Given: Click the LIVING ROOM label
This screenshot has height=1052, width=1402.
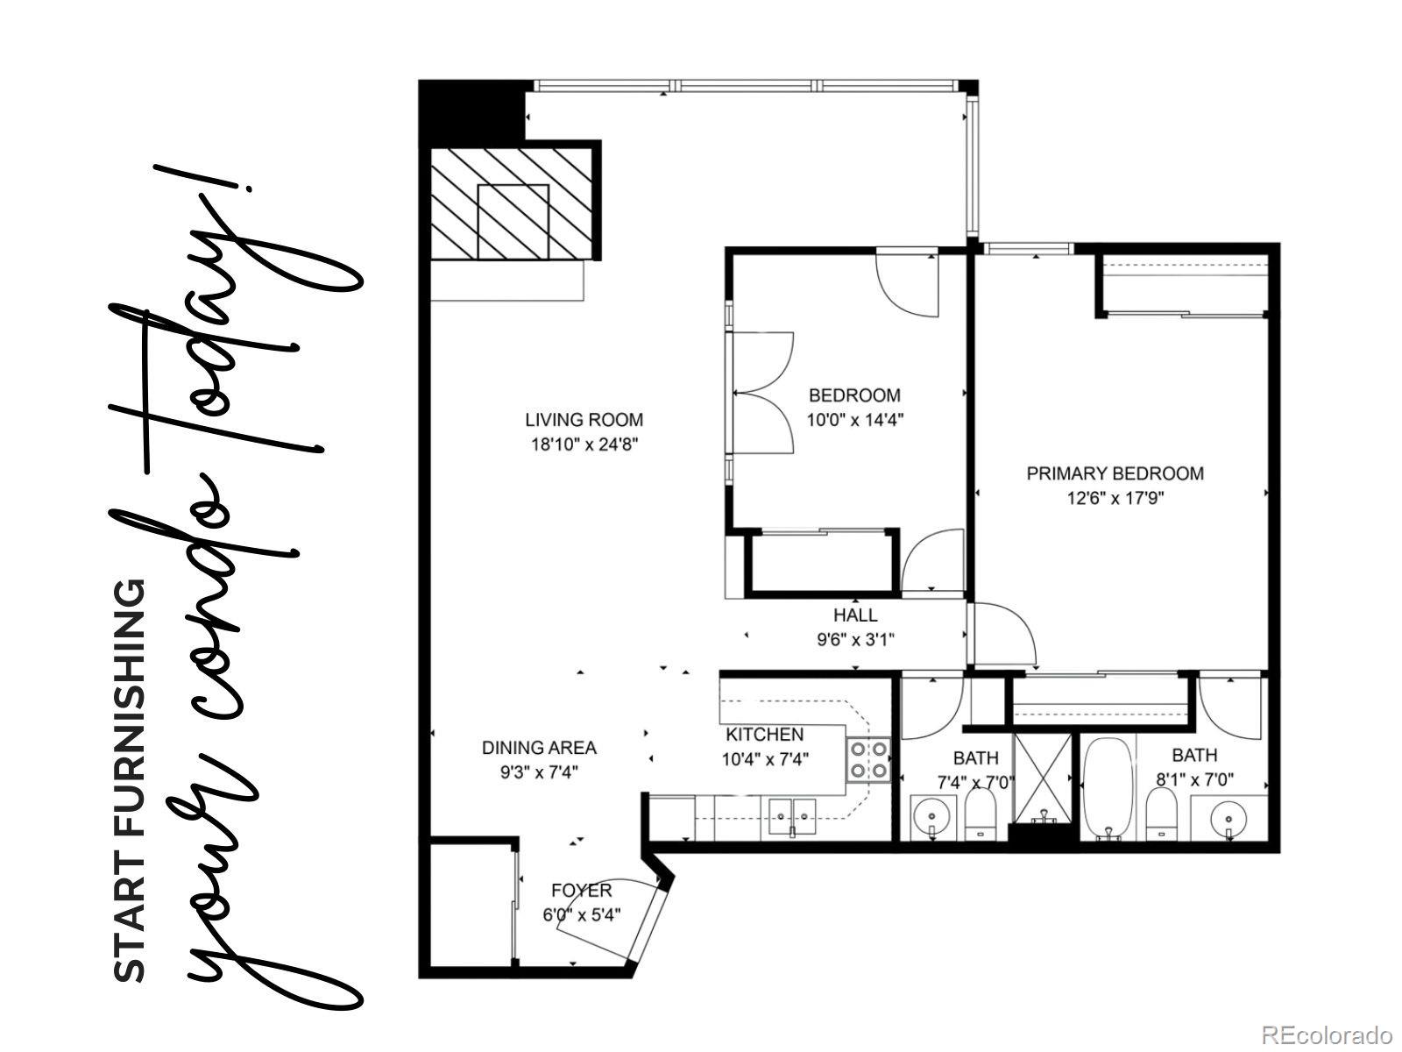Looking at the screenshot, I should pos(584,420).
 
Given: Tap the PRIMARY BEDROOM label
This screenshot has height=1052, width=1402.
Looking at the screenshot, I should pos(1115,474).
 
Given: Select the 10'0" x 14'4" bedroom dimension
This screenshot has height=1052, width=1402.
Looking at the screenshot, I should pos(854,420).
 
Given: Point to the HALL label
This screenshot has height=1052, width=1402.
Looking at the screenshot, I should pos(855,615).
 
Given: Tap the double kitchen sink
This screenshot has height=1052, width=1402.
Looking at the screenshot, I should pos(792,815).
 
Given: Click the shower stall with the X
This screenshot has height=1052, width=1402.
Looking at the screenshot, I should pos(1042,778).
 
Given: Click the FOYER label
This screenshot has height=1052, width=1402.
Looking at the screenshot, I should pos(582,892).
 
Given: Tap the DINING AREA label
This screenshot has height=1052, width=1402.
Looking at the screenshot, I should pos(539,748).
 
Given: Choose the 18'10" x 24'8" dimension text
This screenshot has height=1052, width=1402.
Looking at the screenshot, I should pos(584,444).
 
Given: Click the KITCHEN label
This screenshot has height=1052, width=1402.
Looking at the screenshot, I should pos(764,735).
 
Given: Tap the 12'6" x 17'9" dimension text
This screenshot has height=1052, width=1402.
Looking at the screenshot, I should pos(1115,499).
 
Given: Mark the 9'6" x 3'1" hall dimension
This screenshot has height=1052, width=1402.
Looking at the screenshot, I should pos(855,640).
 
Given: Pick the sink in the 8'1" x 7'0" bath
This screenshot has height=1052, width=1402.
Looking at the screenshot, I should pos(1228,819).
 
